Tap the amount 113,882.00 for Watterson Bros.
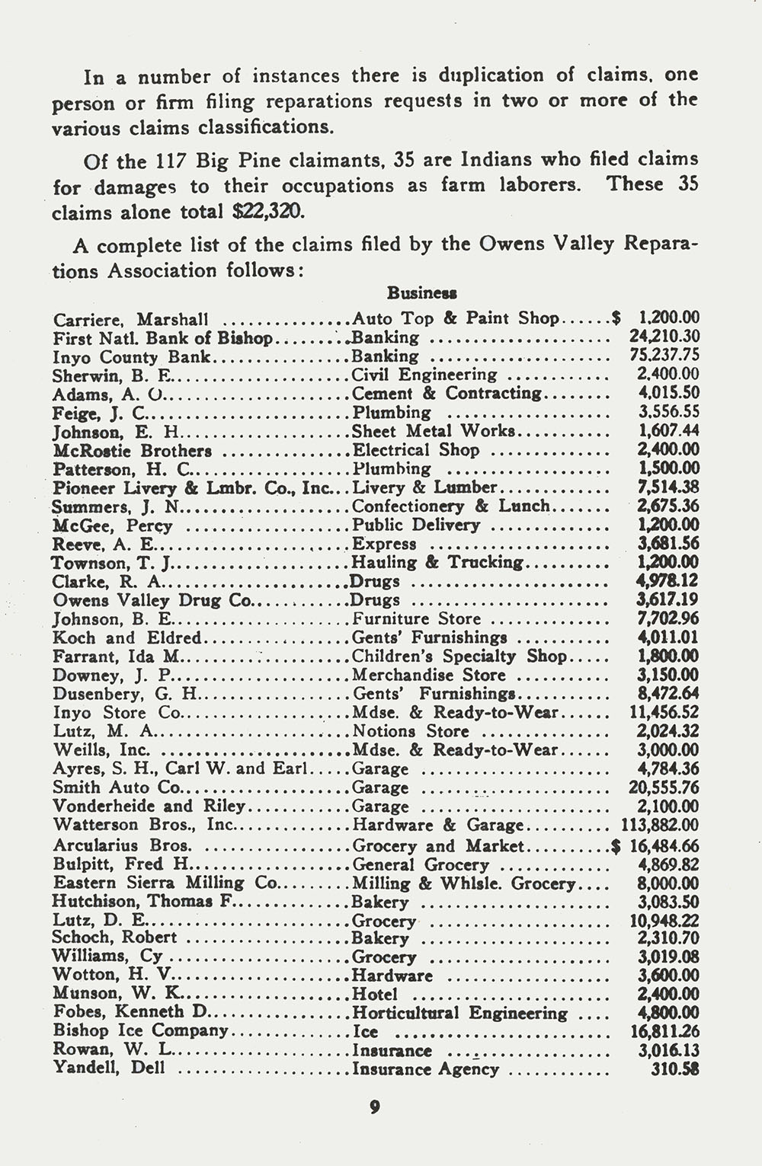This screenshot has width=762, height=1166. pyautogui.click(x=655, y=825)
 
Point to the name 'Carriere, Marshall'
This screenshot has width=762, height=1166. pyautogui.click(x=130, y=319)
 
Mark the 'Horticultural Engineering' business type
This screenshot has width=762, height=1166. pyautogui.click(x=459, y=1013)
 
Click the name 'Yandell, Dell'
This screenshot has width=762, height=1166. pyautogui.click(x=109, y=1069)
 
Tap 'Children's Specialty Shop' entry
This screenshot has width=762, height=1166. pyautogui.click(x=459, y=656)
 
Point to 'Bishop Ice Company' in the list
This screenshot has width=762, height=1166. pyautogui.click(x=140, y=1031)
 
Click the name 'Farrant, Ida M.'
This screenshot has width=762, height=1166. pyautogui.click(x=115, y=656)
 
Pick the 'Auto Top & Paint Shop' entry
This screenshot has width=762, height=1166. pyautogui.click(x=456, y=318)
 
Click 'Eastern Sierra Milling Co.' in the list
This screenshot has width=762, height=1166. pyautogui.click(x=167, y=883)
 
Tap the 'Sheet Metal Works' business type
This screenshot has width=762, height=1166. pyautogui.click(x=434, y=431)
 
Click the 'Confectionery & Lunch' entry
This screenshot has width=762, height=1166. pyautogui.click(x=450, y=506)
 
